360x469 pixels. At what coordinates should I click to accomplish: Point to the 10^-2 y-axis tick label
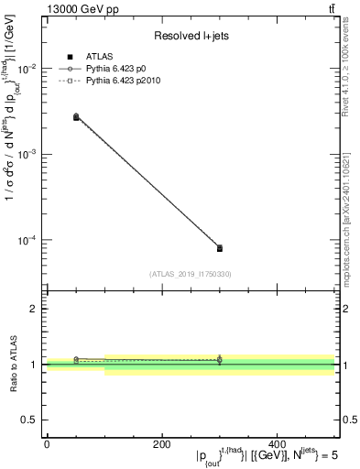pos(27,70)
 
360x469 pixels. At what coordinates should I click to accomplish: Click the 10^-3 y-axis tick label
pos(27,155)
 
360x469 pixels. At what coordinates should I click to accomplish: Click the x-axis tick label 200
pos(161,442)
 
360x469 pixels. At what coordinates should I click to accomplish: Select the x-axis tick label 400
pos(277,442)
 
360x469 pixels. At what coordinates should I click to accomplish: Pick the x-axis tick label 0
pos(47,442)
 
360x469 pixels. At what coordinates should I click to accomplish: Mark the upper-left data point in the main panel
pos(76,117)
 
